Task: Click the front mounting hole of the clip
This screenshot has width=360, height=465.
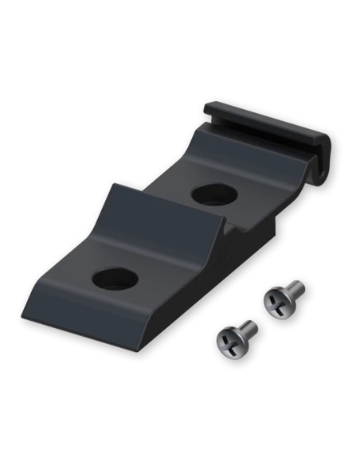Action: pos(115,278)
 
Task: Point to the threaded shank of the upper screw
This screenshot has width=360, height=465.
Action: pos(294,288)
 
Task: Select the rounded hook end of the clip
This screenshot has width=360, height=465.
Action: pos(319,159)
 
